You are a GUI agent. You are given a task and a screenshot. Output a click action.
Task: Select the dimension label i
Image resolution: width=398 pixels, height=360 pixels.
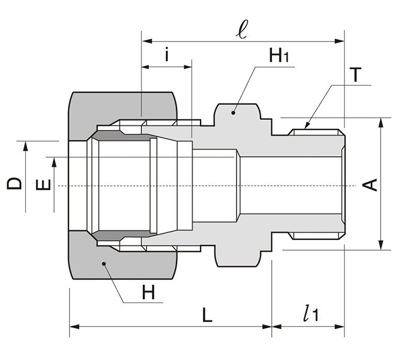pos(166,56)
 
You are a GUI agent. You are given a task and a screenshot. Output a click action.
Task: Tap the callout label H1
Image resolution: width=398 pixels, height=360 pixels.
pos(279,56)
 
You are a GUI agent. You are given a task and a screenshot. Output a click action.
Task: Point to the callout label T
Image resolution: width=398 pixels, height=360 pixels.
pos(356,75)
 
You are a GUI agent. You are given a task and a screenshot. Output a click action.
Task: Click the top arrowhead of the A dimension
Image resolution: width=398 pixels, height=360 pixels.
pos(381,121)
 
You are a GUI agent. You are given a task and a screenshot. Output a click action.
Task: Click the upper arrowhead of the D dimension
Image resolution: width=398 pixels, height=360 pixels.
pos(26,145)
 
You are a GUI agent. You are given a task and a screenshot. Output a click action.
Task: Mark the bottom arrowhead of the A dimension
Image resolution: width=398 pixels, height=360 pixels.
pos(381,247)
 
